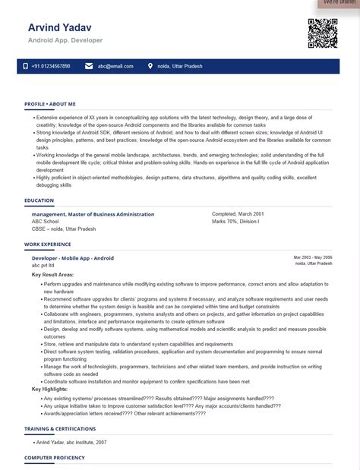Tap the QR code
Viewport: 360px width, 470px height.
pyautogui.click(x=322, y=33)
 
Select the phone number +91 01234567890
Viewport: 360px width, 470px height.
pyautogui.click(x=51, y=67)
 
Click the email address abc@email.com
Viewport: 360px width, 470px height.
pyautogui.click(x=115, y=67)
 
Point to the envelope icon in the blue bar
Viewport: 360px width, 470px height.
pyautogui.click(x=90, y=67)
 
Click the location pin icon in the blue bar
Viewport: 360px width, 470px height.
pyautogui.click(x=150, y=67)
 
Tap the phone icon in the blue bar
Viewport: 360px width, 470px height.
pyautogui.click(x=25, y=67)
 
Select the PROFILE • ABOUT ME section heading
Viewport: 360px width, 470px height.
pyautogui.click(x=50, y=104)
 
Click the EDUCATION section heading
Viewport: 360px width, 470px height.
pyautogui.click(x=39, y=200)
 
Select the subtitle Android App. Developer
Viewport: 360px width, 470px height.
pyautogui.click(x=65, y=40)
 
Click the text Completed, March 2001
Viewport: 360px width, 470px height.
pyautogui.click(x=238, y=214)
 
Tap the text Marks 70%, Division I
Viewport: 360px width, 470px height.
pyautogui.click(x=235, y=221)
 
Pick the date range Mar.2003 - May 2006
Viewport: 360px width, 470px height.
pyautogui.click(x=313, y=257)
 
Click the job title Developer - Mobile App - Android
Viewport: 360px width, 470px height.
pyautogui.click(x=73, y=258)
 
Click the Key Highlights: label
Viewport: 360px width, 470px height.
pyautogui.click(x=50, y=389)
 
